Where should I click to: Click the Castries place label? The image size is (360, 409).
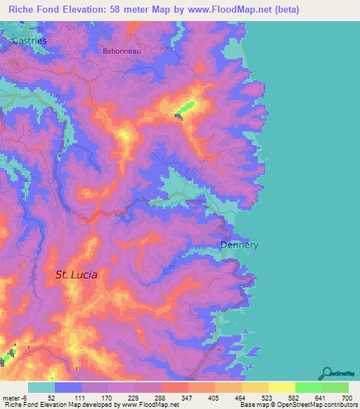point(29,41)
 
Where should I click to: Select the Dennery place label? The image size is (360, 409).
point(239,245)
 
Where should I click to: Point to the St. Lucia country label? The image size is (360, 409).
point(76,275)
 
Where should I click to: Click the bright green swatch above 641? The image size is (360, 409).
point(307,387)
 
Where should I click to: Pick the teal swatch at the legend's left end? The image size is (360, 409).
point(41,387)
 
